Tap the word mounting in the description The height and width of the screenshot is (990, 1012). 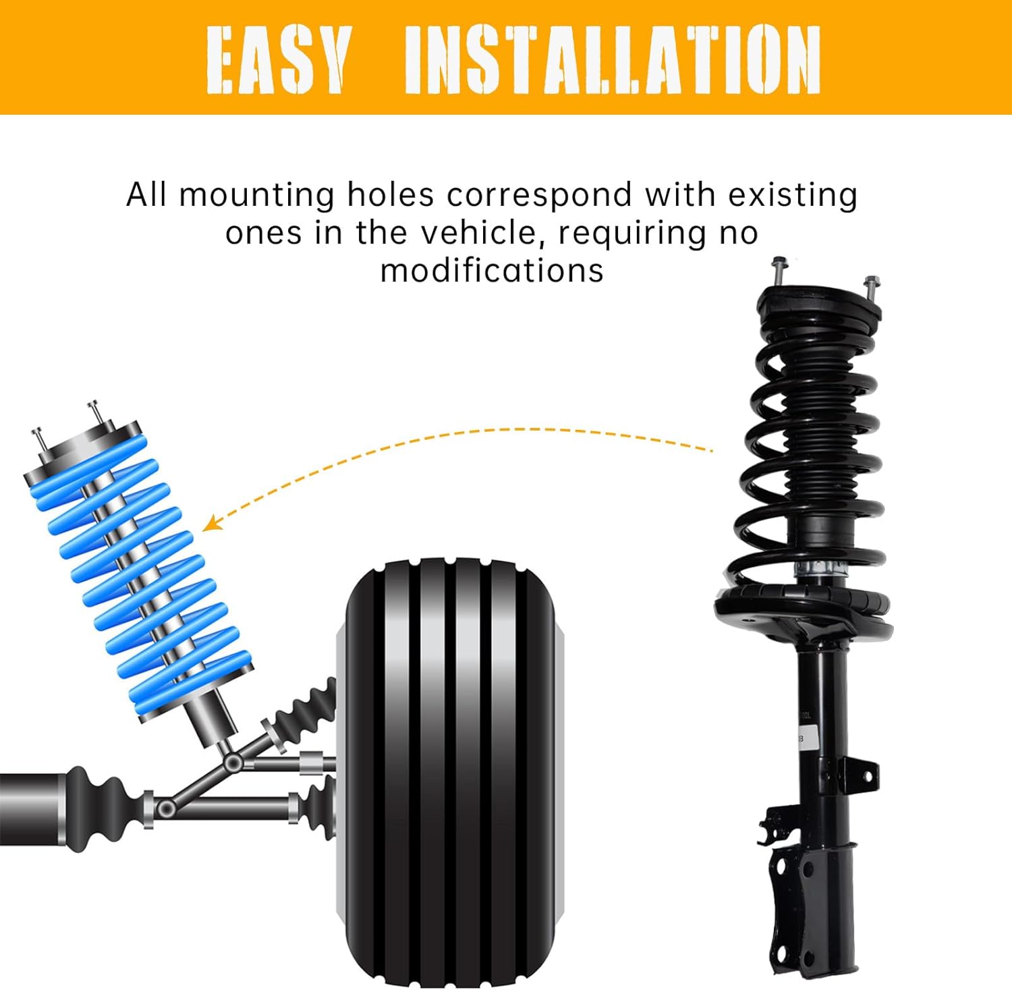pos(256,196)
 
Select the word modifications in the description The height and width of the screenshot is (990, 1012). pos(492,271)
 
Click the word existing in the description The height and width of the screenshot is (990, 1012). pos(793,196)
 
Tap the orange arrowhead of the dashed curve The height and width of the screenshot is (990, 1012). pos(210,523)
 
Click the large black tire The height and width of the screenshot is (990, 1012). pos(451,769)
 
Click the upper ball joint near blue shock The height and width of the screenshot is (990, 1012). pos(233,763)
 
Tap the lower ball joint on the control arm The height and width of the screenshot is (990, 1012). pos(165,808)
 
